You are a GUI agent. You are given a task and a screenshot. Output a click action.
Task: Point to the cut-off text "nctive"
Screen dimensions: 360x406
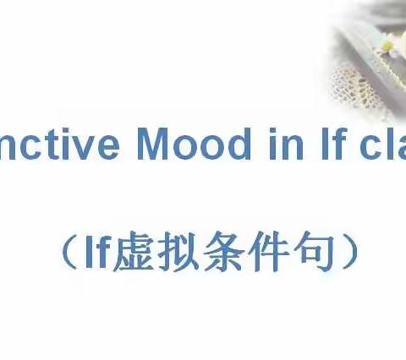pos(63,145)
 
